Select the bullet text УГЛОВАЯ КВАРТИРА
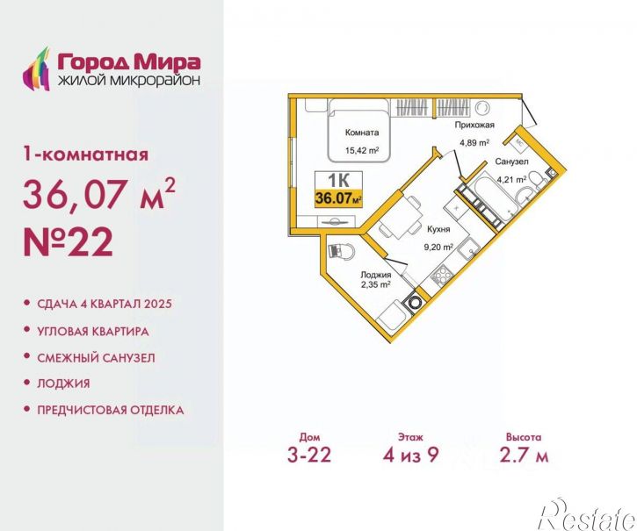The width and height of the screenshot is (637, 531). [92, 332]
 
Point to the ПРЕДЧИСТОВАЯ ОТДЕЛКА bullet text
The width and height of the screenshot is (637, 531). [110, 410]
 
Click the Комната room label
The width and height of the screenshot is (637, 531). [362, 133]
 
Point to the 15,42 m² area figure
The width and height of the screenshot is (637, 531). [362, 151]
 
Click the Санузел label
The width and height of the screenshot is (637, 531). [510, 163]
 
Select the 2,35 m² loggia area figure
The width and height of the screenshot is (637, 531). [376, 283]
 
